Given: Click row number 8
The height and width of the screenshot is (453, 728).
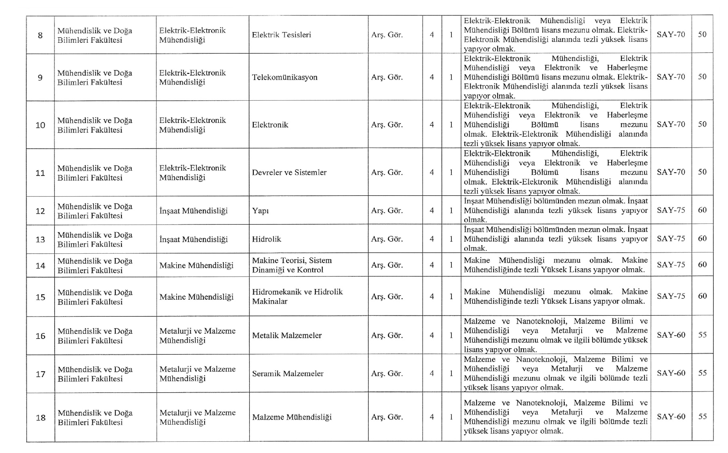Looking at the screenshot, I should click(40, 36).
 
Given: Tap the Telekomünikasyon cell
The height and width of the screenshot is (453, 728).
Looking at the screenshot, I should click(284, 77).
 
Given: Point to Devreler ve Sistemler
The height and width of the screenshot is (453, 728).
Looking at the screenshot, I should click(289, 172).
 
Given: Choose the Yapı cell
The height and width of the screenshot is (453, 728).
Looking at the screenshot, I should click(260, 211).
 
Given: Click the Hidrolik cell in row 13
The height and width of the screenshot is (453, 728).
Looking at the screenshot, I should click(266, 239).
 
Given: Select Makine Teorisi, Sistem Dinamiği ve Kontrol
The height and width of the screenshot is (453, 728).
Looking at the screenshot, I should click(292, 265).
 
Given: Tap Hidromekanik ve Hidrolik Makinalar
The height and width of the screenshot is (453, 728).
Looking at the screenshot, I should click(297, 297).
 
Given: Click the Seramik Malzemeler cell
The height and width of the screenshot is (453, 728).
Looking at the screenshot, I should click(288, 373).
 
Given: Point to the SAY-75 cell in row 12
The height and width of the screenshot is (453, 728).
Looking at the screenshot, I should click(671, 210).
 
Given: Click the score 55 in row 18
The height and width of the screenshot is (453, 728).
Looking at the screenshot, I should click(702, 416).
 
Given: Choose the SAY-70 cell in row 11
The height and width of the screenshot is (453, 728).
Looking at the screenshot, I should click(671, 172).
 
